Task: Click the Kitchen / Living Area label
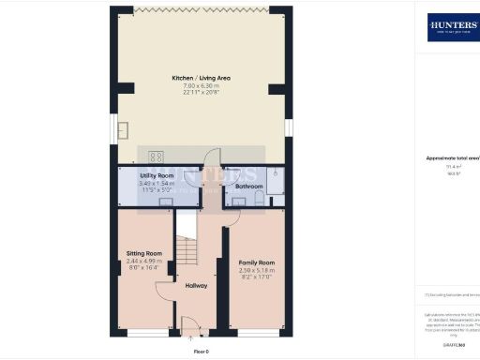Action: point(202,78)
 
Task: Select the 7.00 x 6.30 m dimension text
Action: point(202,85)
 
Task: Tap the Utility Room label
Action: point(157,176)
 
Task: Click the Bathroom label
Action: point(248,187)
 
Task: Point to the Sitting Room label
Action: point(144,253)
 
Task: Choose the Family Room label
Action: point(256,262)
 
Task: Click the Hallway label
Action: point(196,286)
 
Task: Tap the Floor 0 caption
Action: point(201,351)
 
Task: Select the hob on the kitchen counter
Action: point(156,157)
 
